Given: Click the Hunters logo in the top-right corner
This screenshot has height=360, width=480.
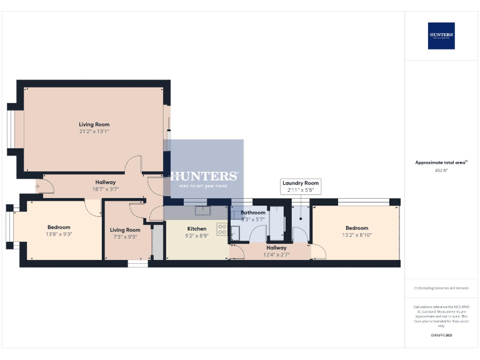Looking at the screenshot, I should pyautogui.click(x=441, y=36).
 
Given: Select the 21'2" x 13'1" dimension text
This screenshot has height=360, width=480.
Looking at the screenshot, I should pyautogui.click(x=94, y=131).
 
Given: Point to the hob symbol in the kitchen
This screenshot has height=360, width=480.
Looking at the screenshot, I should pyautogui.click(x=222, y=229).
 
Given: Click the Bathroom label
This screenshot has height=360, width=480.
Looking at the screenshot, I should pyautogui.click(x=253, y=212).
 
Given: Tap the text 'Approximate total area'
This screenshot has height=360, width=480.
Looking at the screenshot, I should pyautogui.click(x=441, y=162).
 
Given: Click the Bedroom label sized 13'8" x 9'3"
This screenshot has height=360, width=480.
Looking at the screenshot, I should pyautogui.click(x=59, y=227).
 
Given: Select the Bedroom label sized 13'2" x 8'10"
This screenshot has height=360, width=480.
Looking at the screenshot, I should pyautogui.click(x=356, y=228).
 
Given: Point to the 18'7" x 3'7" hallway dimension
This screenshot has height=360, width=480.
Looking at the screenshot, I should pyautogui.click(x=106, y=189).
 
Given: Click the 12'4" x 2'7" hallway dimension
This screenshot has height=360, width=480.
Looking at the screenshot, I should pyautogui.click(x=276, y=254).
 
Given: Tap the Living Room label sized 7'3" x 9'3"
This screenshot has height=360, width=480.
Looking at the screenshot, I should pyautogui.click(x=125, y=230).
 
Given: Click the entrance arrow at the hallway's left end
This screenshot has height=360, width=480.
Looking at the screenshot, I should pyautogui.click(x=37, y=186).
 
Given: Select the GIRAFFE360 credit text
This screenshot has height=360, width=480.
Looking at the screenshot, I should pyautogui.click(x=441, y=336).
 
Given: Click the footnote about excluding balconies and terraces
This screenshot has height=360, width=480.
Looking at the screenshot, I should pyautogui.click(x=441, y=287).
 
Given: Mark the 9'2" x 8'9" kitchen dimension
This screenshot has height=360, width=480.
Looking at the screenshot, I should pyautogui.click(x=197, y=236).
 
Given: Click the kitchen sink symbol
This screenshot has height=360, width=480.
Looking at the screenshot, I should pyautogui.click(x=202, y=210).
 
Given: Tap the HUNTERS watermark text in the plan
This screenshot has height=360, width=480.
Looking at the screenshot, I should pyautogui.click(x=204, y=176).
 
